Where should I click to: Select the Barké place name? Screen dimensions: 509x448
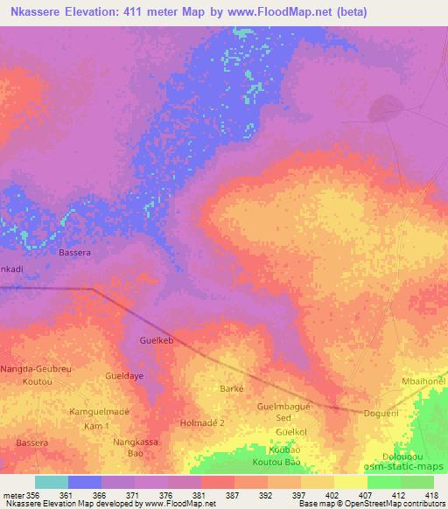231,388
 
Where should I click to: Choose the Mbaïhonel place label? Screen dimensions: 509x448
423,381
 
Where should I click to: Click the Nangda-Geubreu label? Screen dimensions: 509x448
35,369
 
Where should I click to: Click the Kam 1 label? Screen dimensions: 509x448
96,425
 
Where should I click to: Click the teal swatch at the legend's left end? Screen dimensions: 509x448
52,482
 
